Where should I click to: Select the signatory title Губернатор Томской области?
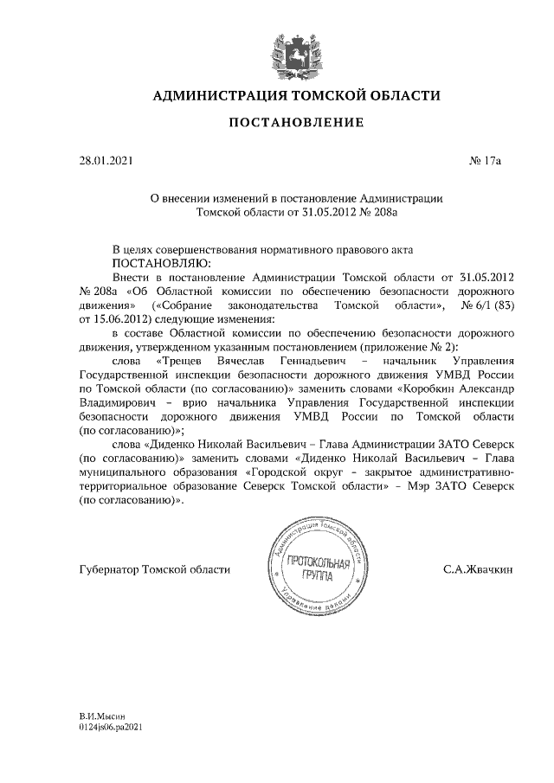click(x=154, y=569)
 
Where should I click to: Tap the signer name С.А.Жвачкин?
click(x=477, y=569)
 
